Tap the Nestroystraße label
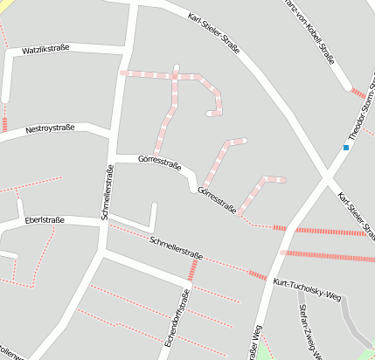(x=50, y=128)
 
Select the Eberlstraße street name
(x=45, y=219)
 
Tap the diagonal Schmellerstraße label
(x=177, y=248)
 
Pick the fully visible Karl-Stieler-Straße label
(x=214, y=30)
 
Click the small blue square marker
(x=346, y=148)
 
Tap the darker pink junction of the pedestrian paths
(x=175, y=77)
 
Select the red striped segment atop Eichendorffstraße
(x=191, y=270)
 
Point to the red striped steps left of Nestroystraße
(x=4, y=124)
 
